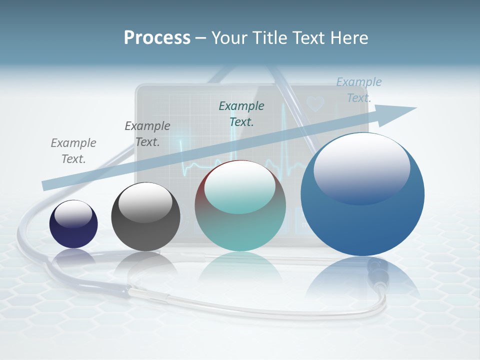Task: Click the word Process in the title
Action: click(x=157, y=38)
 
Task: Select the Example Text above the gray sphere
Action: click(x=147, y=134)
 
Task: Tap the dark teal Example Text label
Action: click(x=241, y=113)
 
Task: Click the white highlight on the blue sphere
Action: click(x=361, y=167)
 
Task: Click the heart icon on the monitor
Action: click(x=315, y=103)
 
